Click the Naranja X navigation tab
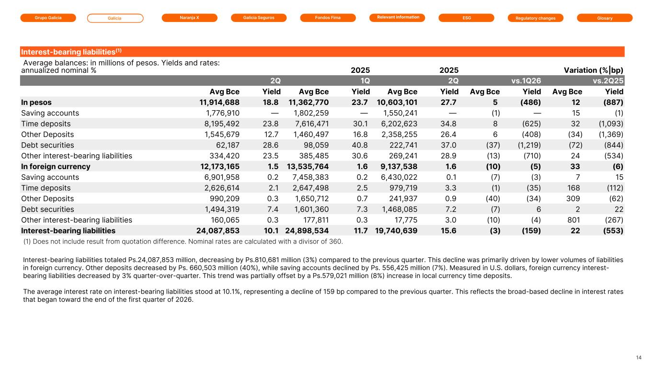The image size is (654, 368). point(189,18)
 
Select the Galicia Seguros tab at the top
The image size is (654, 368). point(259,18)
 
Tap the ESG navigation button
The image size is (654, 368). point(466,18)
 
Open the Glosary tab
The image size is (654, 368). point(605,18)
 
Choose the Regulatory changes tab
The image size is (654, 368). point(536,18)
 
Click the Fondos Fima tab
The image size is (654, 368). point(328,18)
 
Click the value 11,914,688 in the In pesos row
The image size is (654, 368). point(219,103)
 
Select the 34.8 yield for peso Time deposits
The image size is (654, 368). point(448,124)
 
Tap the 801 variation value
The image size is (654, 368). point(574,220)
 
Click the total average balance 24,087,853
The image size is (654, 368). point(218,231)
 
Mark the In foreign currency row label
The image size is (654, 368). point(56,166)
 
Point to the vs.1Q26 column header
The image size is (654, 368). point(526,80)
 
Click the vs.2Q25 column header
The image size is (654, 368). point(608,80)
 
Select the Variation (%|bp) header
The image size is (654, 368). point(593,70)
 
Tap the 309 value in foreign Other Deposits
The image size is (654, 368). point(573,198)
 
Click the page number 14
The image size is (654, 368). point(639,357)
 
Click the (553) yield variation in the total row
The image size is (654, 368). point(613,231)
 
